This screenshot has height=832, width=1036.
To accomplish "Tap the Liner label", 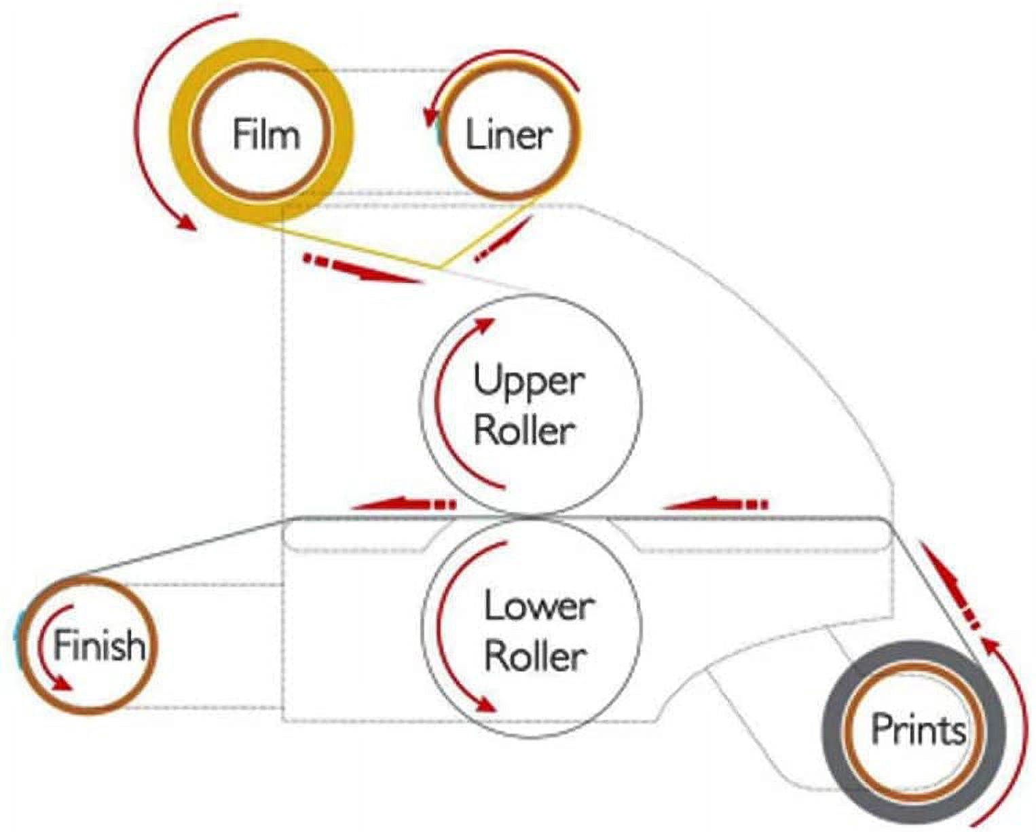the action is [508, 135].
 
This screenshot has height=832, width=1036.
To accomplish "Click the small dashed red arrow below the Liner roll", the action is [503, 239].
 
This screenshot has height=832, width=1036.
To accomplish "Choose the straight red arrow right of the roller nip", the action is [716, 504].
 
